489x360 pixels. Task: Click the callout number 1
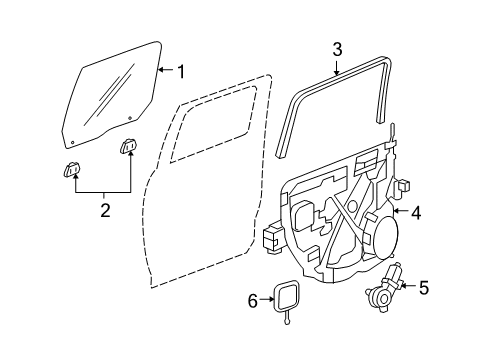pos(181,71)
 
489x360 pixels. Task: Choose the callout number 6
pos(253,298)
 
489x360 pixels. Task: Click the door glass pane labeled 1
pos(110,90)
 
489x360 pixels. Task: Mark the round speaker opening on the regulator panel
pos(383,241)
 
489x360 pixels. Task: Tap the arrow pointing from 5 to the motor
pos(406,288)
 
